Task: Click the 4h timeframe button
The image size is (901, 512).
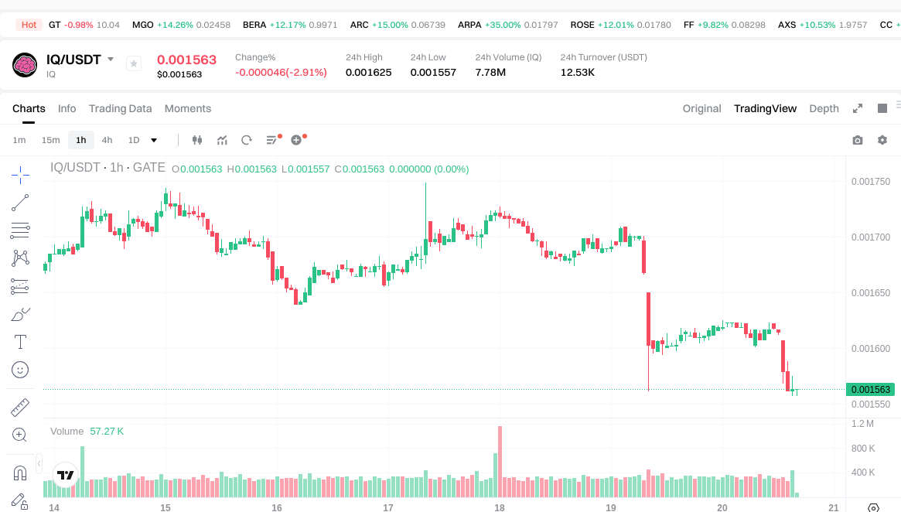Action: pos(107,140)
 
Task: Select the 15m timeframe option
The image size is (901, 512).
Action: pos(50,140)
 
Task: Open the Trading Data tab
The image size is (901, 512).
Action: pos(120,108)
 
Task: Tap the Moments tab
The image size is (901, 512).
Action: pos(187,108)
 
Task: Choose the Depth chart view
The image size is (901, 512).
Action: pos(824,108)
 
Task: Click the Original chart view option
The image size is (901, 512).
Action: pos(701,108)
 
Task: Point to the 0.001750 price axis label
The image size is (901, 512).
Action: pos(870,182)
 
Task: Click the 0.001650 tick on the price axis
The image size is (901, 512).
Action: pos(870,293)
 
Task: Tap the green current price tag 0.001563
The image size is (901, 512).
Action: pos(870,390)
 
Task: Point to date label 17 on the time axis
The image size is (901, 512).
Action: pos(388,508)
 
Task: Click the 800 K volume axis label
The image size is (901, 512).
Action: pos(862,449)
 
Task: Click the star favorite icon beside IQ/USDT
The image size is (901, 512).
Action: pos(134,63)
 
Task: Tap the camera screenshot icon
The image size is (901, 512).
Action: pos(858,140)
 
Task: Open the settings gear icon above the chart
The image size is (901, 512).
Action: pos(882,140)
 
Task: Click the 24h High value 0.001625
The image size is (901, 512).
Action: pos(368,73)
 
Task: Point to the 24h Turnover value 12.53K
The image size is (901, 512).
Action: pos(578,73)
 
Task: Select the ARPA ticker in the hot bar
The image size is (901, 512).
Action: pos(469,25)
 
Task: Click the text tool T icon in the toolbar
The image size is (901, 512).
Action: pos(21,341)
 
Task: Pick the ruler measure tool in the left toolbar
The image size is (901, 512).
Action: pos(21,407)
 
